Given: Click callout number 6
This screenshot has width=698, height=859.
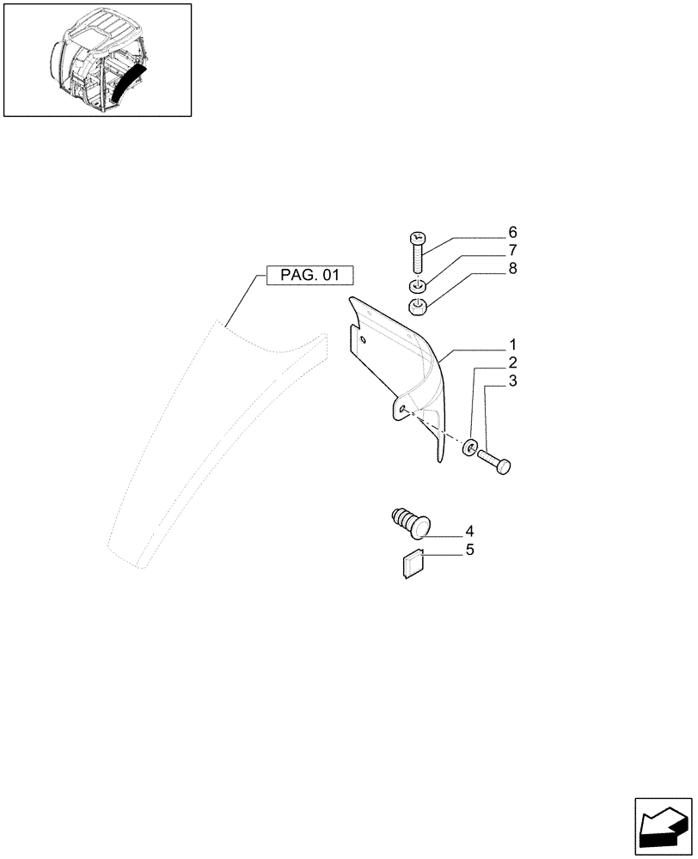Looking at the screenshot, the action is click(512, 233).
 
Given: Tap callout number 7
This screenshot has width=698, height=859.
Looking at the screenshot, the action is click(512, 251).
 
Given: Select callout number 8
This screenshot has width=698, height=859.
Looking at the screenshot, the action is click(512, 269).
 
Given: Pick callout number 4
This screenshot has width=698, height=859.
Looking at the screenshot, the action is click(469, 531).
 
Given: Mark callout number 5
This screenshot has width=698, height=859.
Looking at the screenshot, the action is click(469, 550).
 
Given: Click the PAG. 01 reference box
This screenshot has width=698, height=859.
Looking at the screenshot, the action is click(310, 276).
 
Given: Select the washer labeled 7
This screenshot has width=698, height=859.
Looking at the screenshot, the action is click(417, 286).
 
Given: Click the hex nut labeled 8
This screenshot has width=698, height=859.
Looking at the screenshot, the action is click(418, 306).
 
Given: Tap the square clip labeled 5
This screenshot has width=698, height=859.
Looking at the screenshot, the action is click(413, 564).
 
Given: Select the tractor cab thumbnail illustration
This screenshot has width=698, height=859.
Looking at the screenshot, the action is click(97, 60).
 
